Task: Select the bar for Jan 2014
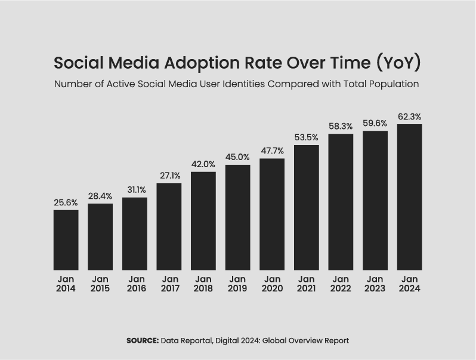point(66,239)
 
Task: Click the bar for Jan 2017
point(169,226)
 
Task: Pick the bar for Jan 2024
point(409,197)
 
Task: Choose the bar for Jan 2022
point(341,202)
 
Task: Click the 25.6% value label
point(66,203)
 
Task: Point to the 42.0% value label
point(203,165)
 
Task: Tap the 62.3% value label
point(409,117)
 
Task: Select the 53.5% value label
point(306,138)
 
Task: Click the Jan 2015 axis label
point(100,284)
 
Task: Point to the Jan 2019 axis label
point(237,284)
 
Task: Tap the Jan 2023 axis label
point(375,284)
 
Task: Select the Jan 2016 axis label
point(136,284)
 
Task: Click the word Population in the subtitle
point(393,84)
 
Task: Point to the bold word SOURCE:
point(143,340)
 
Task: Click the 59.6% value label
point(375,124)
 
